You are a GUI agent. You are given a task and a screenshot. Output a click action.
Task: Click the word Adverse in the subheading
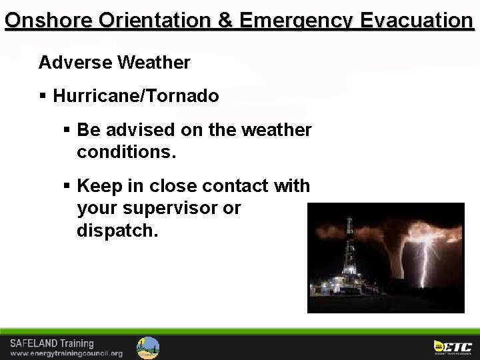(x=75, y=63)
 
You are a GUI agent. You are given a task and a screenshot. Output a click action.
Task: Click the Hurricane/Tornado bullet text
(x=136, y=97)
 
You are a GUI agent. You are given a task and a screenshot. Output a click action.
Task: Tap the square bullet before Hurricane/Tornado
(x=43, y=97)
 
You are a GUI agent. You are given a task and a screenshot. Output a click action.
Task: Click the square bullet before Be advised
(x=67, y=130)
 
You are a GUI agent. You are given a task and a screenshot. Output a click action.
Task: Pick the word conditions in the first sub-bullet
(x=127, y=153)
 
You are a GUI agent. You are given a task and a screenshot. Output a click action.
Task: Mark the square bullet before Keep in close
(x=67, y=186)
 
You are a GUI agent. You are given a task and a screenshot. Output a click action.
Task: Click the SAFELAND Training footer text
(x=51, y=343)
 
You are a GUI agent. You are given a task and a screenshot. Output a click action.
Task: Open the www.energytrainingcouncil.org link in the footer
(x=66, y=353)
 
